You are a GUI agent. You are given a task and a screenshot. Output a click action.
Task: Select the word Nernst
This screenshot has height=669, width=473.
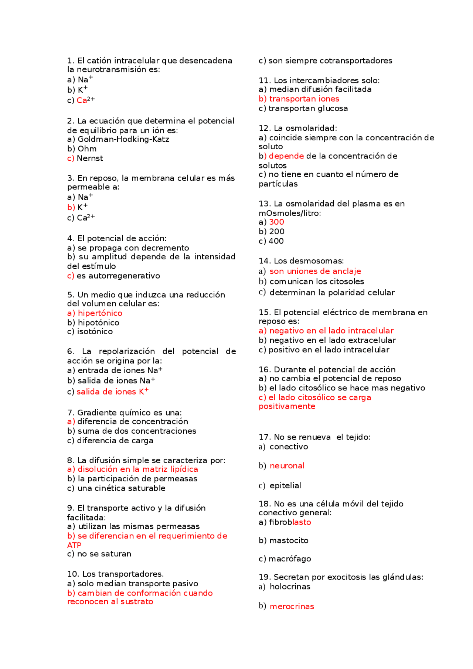click(x=90, y=158)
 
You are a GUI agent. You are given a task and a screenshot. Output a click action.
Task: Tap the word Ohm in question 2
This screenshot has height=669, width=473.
click(x=87, y=149)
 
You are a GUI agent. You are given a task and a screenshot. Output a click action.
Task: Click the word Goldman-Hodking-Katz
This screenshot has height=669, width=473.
click(x=123, y=139)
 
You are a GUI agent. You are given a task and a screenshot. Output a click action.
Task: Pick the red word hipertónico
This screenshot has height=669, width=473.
click(x=100, y=313)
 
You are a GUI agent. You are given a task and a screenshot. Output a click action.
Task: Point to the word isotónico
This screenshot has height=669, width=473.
click(x=95, y=331)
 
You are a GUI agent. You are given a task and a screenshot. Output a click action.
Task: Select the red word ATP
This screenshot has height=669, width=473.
click(x=74, y=545)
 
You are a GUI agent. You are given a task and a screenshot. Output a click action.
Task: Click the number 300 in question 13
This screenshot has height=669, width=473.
click(x=276, y=222)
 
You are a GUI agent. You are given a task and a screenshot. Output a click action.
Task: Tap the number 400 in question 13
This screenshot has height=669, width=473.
click(x=276, y=241)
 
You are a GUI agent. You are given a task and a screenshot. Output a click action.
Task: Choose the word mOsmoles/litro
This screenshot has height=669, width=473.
click(x=290, y=213)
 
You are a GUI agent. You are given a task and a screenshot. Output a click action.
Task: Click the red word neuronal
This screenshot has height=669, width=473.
click(x=287, y=466)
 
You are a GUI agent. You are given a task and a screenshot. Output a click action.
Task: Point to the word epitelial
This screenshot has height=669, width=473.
click(x=285, y=485)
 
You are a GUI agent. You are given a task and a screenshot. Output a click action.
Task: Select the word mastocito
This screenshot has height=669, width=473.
click(x=289, y=540)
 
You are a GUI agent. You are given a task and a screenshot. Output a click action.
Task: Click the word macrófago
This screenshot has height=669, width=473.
click(x=290, y=559)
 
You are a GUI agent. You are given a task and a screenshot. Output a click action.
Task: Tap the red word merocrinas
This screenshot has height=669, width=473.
click(x=292, y=607)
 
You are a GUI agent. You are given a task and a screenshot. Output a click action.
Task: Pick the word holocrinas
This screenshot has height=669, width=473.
click(x=290, y=587)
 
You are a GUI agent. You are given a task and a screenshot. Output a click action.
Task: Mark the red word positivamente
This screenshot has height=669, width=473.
click(x=287, y=406)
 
